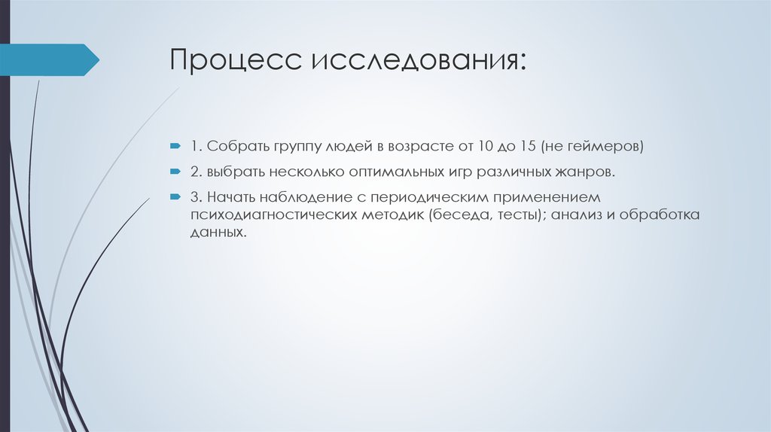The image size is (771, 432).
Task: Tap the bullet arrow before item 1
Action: pyautogui.click(x=174, y=144)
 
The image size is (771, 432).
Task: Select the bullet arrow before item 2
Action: pyautogui.click(x=174, y=171)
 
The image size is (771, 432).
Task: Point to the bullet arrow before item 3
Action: pyautogui.click(x=174, y=198)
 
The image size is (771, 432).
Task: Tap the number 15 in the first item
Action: pyautogui.click(x=556, y=145)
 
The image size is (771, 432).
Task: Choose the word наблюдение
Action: pyautogui.click(x=300, y=199)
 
